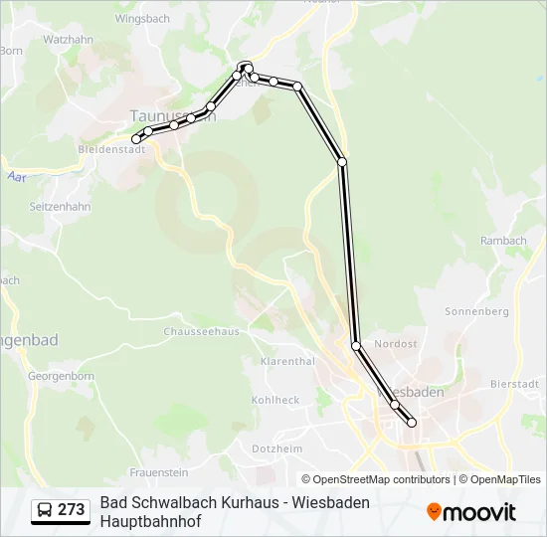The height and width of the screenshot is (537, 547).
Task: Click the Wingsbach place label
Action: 142,18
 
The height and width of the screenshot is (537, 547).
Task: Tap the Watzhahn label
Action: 68,40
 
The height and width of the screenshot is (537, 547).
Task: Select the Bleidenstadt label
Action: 110,149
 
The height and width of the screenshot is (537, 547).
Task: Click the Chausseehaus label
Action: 201,332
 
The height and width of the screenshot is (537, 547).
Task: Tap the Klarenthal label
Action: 287,362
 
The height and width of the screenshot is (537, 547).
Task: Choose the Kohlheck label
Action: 275,400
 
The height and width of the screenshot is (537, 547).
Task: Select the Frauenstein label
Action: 158,471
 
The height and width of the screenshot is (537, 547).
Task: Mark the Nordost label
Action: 396,344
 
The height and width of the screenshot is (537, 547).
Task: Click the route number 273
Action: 71,510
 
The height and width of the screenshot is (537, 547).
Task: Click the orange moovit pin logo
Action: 434,512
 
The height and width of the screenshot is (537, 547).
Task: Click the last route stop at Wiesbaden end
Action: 412,423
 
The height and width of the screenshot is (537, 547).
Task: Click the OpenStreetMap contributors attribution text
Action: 381,479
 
